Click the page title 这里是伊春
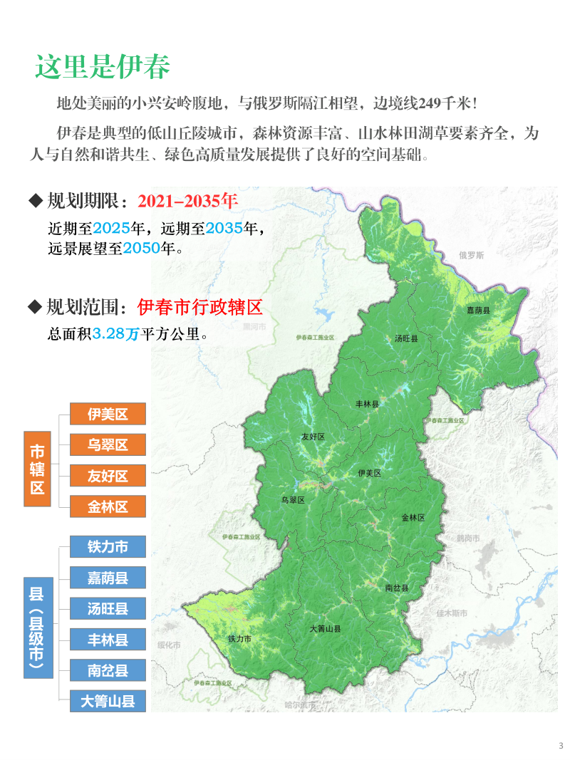103,67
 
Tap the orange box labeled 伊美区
108,414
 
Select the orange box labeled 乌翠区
108,445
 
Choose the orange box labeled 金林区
108,506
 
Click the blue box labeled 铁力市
108,547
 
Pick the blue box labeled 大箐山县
108,701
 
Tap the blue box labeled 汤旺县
108,608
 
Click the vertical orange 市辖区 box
37,469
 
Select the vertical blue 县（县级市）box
37,627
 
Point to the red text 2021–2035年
187,201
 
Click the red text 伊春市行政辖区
200,307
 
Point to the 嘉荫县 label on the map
478,311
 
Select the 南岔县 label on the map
396,588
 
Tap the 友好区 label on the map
313,437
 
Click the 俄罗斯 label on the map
471,255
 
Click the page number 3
561,746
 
